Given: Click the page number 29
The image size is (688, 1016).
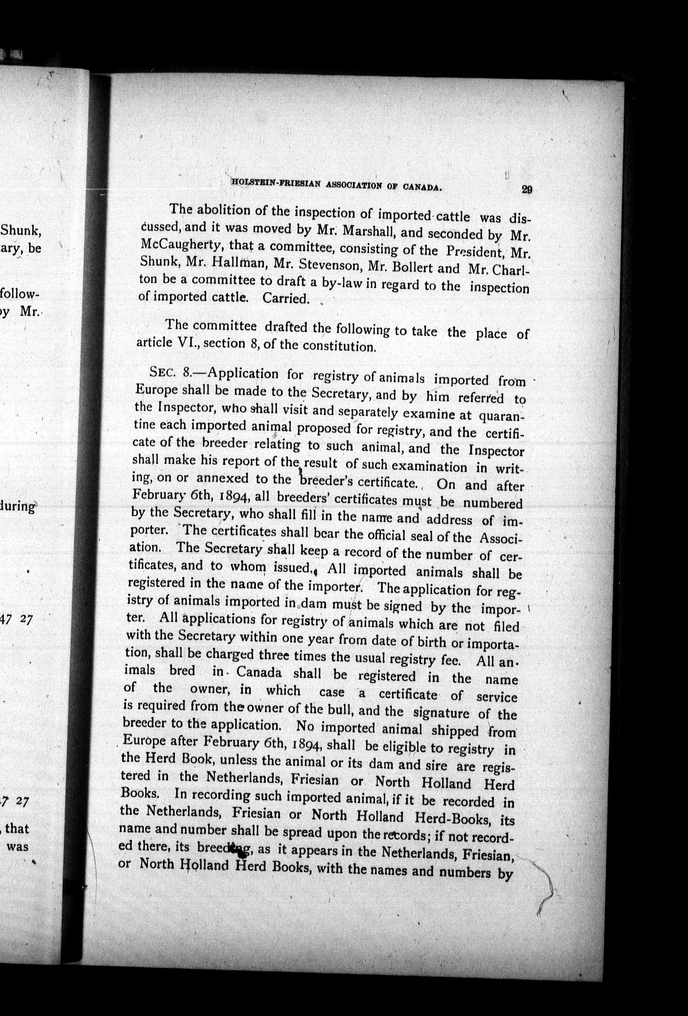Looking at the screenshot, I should click(x=526, y=190).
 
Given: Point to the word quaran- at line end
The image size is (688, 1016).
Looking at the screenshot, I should click(x=501, y=417).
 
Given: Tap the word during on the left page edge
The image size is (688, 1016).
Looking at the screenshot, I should click(x=18, y=507).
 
